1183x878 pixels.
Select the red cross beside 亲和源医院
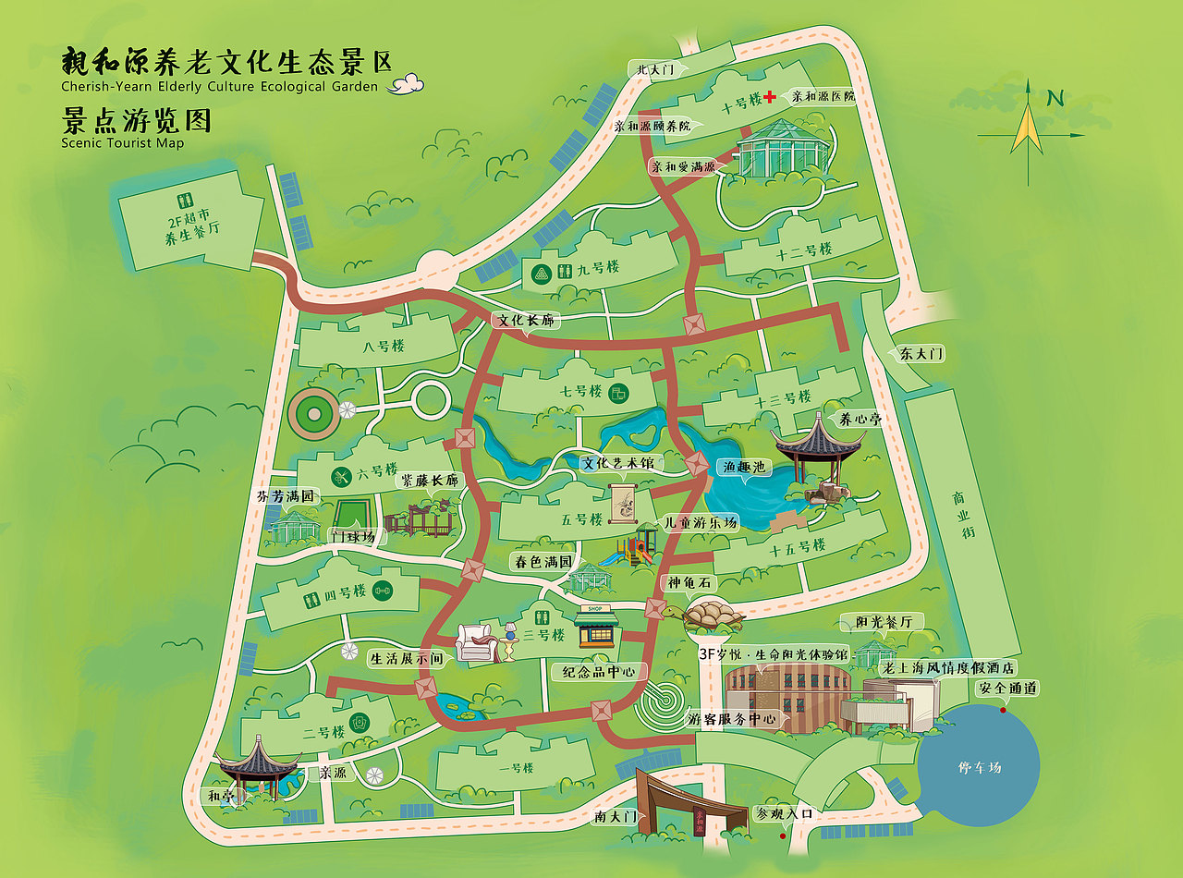point(768,96)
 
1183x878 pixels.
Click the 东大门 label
point(921,354)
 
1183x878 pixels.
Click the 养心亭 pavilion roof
point(818,440)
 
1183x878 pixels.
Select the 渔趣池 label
point(746,468)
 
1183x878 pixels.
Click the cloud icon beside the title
point(406,85)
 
